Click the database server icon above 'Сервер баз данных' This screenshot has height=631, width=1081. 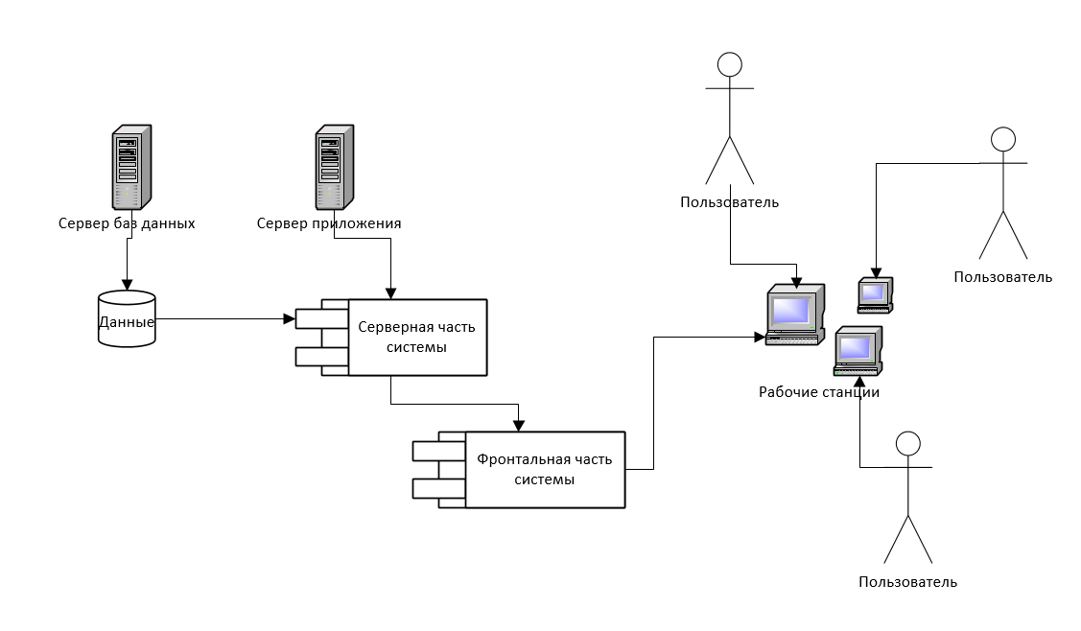[x=128, y=167]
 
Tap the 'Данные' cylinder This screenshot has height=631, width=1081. [x=127, y=320]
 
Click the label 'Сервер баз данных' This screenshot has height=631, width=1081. [x=127, y=223]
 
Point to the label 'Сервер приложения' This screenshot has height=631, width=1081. [x=329, y=223]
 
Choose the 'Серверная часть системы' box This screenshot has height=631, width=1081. [x=416, y=337]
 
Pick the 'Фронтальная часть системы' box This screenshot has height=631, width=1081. [x=544, y=470]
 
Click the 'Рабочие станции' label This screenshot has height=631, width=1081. [x=819, y=392]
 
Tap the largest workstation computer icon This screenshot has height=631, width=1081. [x=795, y=315]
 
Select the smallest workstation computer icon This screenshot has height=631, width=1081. [x=875, y=294]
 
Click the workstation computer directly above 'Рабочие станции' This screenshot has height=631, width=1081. [x=858, y=350]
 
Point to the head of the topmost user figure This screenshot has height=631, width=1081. [x=730, y=64]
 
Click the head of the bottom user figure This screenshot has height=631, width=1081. [x=907, y=443]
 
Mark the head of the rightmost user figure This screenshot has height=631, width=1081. [x=1002, y=139]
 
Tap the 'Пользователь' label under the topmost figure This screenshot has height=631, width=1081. [x=730, y=202]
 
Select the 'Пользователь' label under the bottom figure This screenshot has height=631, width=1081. [x=907, y=582]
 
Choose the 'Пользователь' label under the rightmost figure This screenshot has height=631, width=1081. [x=1002, y=277]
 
